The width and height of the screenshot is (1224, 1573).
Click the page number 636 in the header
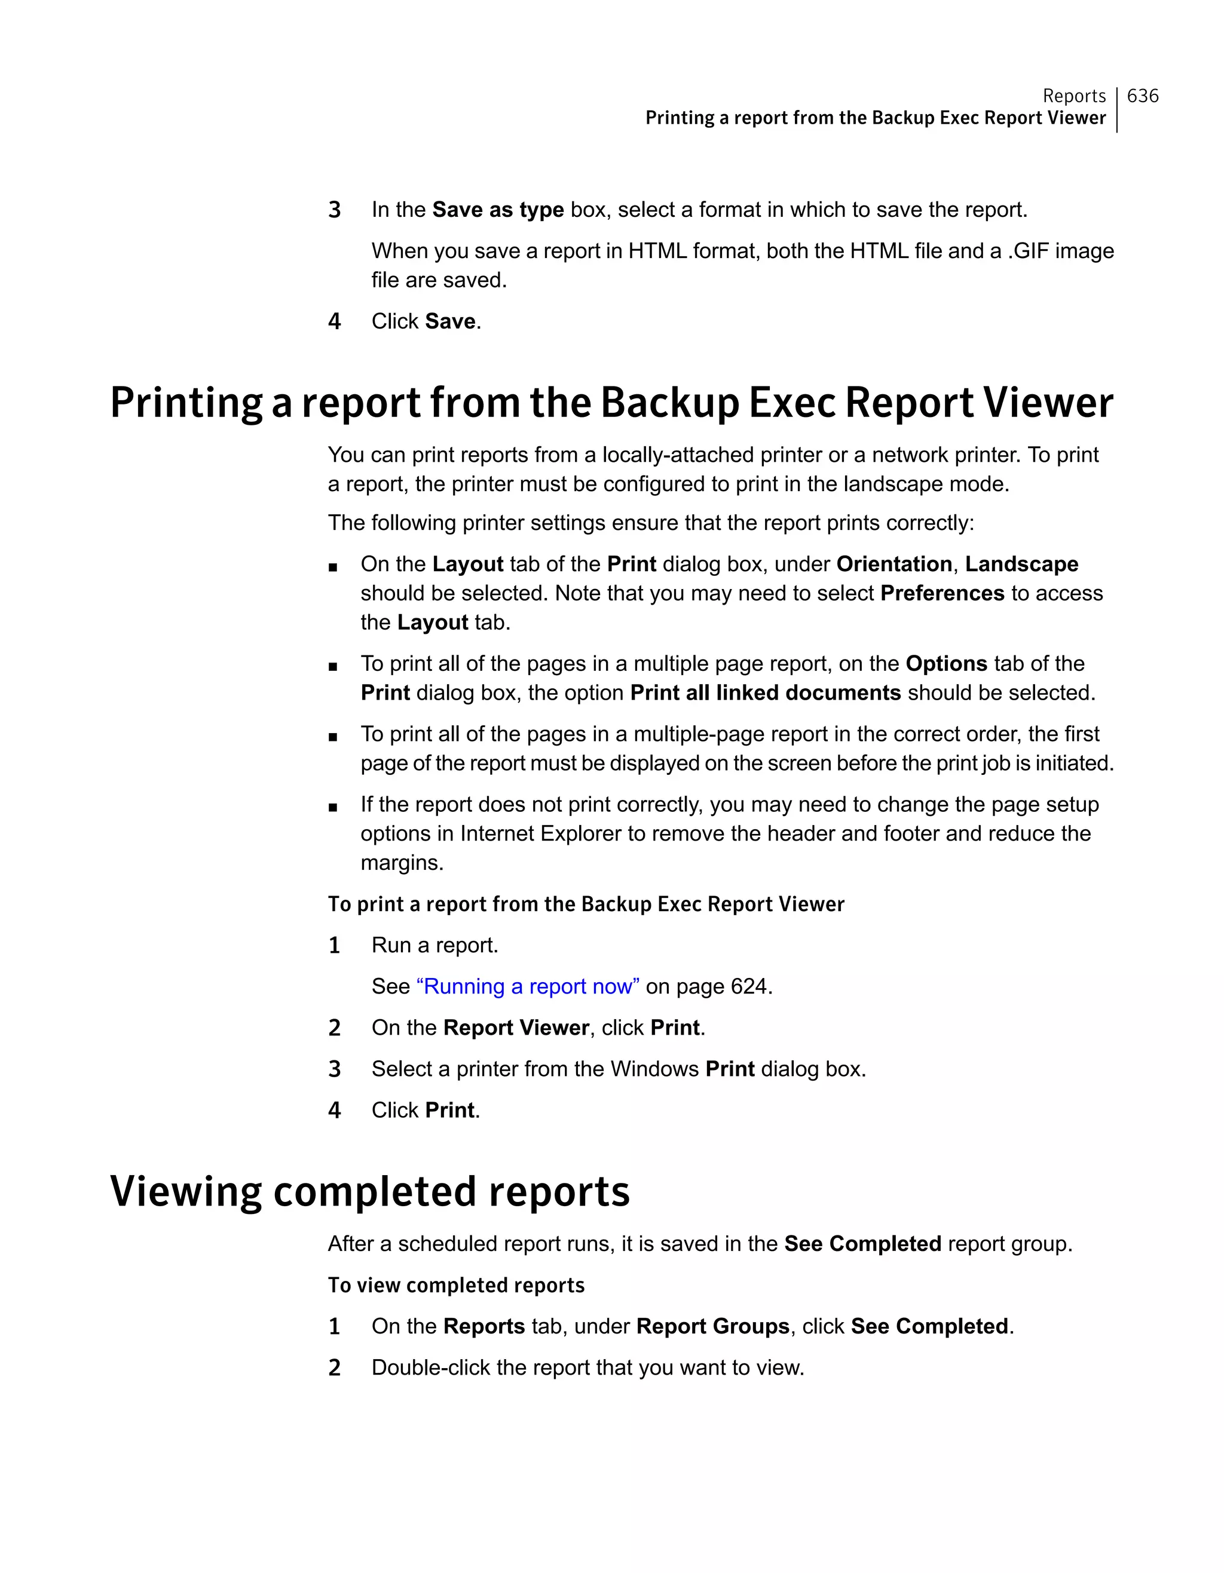(x=1142, y=96)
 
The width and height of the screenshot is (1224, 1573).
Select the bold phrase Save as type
(x=498, y=210)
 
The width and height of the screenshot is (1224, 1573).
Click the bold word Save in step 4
(x=450, y=321)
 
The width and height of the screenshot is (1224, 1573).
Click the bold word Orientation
(x=893, y=564)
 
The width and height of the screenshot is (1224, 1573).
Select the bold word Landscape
(x=1021, y=564)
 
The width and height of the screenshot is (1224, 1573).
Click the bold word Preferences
(x=941, y=593)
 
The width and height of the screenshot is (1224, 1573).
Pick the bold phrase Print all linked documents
(x=765, y=693)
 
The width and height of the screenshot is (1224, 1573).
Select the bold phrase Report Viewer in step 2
(x=516, y=1028)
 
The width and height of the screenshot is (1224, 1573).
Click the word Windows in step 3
(x=654, y=1069)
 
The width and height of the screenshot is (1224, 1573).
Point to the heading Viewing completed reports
(x=369, y=1191)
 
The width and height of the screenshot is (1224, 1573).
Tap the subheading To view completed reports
(x=456, y=1285)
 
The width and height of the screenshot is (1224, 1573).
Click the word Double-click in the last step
(x=430, y=1367)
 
